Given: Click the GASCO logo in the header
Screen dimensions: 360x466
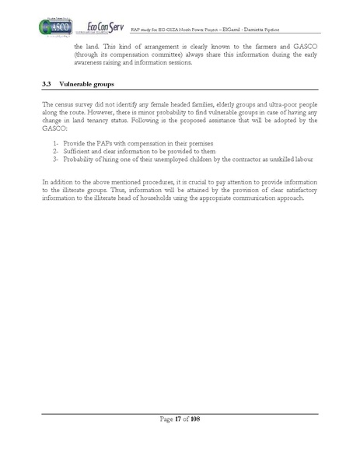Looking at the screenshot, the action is pos(51,27).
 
